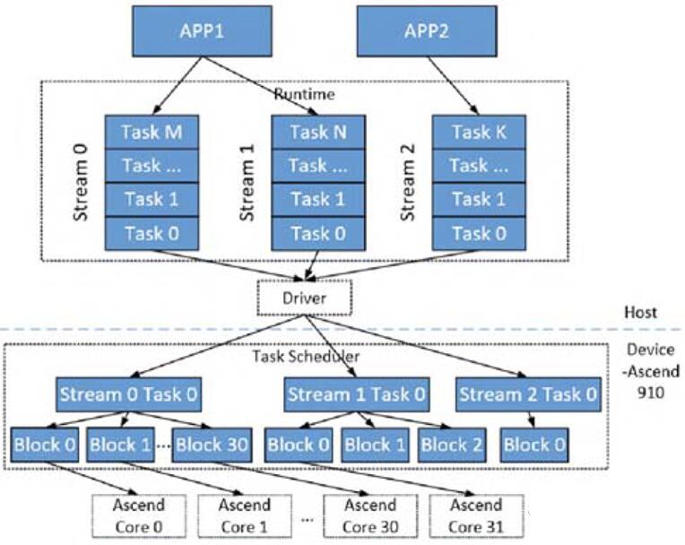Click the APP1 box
[203, 31]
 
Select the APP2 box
[427, 31]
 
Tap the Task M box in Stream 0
[152, 133]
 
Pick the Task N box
[318, 133]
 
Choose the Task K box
[480, 133]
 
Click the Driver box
[305, 298]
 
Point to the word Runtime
[305, 94]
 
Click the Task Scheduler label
[307, 357]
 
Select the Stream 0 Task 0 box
[129, 394]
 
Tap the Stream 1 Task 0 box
[357, 394]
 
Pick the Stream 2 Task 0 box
[528, 394]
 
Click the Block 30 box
[212, 445]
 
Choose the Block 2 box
[452, 445]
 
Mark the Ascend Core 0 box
[139, 515]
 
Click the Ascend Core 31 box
[477, 515]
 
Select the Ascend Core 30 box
[370, 515]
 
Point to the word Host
[640, 312]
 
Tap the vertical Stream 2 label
[408, 183]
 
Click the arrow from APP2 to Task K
[453, 86]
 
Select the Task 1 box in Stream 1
[318, 200]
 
